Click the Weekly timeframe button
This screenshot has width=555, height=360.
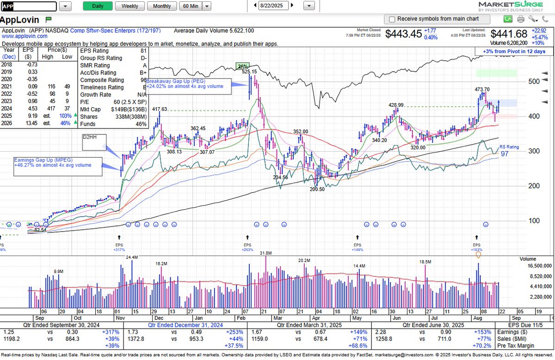tap(129, 6)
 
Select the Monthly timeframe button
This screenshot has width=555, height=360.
tap(162, 6)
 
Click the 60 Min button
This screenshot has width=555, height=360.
tap(191, 6)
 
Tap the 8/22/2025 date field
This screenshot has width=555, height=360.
tap(274, 6)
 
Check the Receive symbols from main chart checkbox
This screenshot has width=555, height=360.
tap(392, 19)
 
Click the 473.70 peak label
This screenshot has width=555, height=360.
tap(483, 89)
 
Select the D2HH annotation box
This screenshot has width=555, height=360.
tap(94, 142)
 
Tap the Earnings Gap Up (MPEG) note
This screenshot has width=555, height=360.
tap(58, 165)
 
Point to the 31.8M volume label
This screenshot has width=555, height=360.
tap(266, 253)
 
